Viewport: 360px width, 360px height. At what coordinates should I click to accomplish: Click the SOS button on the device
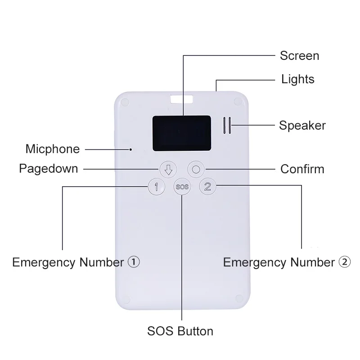[x=182, y=187]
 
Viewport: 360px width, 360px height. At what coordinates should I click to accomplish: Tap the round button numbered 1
[x=157, y=187]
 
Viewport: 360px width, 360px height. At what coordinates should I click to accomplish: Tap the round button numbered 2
[x=207, y=186]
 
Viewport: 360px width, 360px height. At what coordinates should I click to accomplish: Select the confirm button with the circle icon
[x=196, y=170]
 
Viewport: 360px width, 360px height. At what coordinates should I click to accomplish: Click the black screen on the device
[x=182, y=133]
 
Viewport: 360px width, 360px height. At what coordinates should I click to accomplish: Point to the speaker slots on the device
[x=227, y=126]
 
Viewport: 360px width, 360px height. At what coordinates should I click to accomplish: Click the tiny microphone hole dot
[x=130, y=149]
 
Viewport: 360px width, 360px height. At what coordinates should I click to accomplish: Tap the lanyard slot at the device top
[x=181, y=99]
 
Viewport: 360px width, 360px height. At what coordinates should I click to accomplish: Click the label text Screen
[x=300, y=56]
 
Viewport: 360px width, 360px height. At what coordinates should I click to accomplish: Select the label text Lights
[x=298, y=80]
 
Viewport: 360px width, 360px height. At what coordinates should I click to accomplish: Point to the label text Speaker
[x=302, y=126]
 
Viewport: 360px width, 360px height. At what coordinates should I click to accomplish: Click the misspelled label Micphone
[x=53, y=149]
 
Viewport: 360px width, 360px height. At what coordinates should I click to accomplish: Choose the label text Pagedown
[x=49, y=169]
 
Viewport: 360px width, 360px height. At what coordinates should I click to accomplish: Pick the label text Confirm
[x=302, y=169]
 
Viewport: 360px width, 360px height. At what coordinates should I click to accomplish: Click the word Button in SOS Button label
[x=195, y=331]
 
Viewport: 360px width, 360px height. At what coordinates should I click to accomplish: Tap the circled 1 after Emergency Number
[x=134, y=262]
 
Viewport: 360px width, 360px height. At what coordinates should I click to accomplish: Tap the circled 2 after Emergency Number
[x=345, y=262]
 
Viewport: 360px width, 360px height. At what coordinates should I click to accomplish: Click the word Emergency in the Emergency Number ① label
[x=44, y=262]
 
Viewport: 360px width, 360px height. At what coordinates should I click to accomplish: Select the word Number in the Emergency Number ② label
[x=312, y=262]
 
